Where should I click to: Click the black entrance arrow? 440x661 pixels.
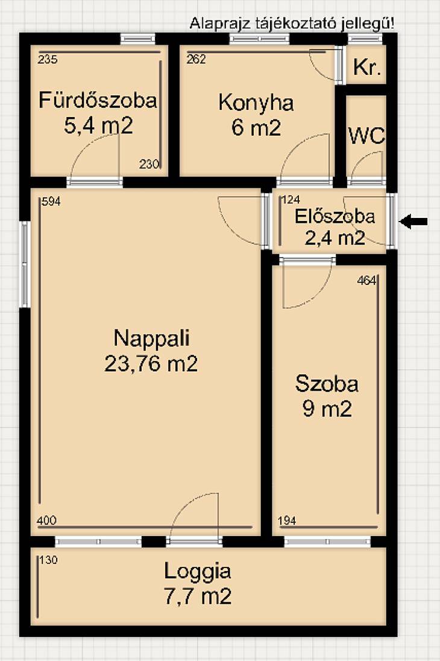point(413,222)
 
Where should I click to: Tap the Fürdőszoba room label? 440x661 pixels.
point(98,100)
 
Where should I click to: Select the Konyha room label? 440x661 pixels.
point(256,103)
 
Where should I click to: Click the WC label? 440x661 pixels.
point(366,136)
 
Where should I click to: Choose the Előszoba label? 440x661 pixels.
point(335,216)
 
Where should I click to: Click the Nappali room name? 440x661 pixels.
point(151,338)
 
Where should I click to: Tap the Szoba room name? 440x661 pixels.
point(327,383)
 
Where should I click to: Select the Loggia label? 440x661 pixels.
point(198,572)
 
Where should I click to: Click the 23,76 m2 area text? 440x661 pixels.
point(151,363)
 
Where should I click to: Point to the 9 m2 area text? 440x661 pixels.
point(327,409)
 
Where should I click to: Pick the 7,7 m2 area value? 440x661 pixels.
point(198,596)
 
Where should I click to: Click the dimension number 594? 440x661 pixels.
point(51,202)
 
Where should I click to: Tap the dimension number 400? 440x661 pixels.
point(46,520)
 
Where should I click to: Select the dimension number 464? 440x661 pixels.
point(366,280)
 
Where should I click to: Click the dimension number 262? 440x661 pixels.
point(196,59)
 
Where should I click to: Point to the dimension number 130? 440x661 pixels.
point(48,560)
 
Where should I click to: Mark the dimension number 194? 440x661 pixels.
point(287,520)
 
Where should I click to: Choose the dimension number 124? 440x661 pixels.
point(290,199)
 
